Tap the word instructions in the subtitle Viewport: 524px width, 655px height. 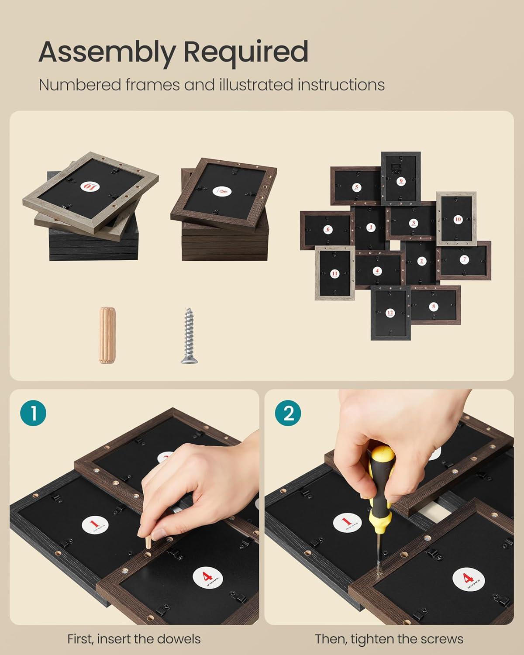pyautogui.click(x=341, y=85)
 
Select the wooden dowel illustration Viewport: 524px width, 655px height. pyautogui.click(x=107, y=335)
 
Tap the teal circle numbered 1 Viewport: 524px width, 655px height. pyautogui.click(x=33, y=413)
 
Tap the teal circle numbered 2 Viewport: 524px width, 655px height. pyautogui.click(x=288, y=413)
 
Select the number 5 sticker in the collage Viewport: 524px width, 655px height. pyautogui.click(x=357, y=187)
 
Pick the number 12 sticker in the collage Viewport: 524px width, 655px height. pyautogui.click(x=390, y=313)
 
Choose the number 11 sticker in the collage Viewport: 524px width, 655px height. pyautogui.click(x=334, y=273)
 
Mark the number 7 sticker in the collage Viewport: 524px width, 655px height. pyautogui.click(x=464, y=260)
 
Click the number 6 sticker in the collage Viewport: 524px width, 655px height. pyautogui.click(x=328, y=229)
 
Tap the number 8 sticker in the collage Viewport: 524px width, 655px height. pyautogui.click(x=434, y=307)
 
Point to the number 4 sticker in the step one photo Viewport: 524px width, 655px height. pyautogui.click(x=208, y=578)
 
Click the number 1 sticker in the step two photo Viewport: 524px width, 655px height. pyautogui.click(x=348, y=522)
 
